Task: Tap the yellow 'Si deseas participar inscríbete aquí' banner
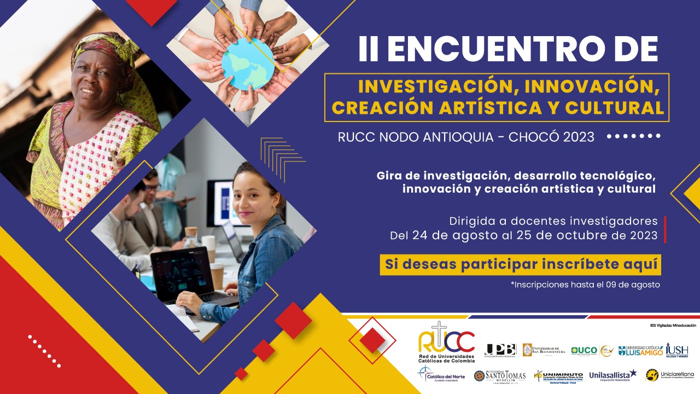(x=521, y=264)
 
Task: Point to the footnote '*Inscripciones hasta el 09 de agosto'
(x=585, y=285)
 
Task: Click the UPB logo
(x=500, y=350)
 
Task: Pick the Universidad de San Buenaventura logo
(x=544, y=350)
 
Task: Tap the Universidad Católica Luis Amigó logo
(x=640, y=350)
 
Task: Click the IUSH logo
(x=677, y=350)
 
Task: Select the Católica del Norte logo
(x=440, y=376)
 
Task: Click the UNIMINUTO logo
(x=558, y=376)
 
